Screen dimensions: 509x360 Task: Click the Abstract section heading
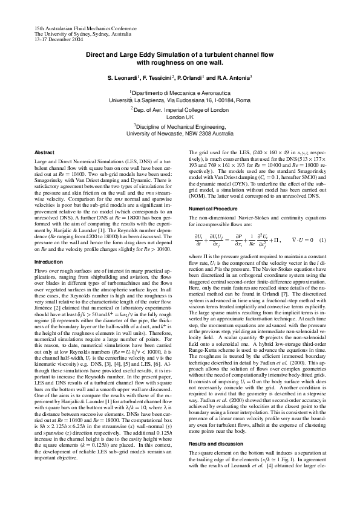44,152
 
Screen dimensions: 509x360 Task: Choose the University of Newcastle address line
180,134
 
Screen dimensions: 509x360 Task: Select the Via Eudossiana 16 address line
180,99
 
